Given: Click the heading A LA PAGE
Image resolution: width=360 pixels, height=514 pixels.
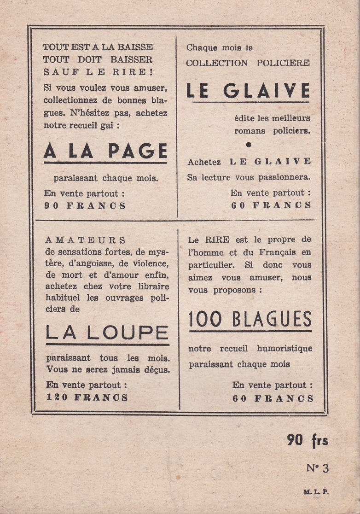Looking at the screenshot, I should (105, 151).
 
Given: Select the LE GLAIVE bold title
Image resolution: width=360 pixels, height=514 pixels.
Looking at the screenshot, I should (248, 91).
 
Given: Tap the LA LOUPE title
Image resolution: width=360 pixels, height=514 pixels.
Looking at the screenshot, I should (107, 333).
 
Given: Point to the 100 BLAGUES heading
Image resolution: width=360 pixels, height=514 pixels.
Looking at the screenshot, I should (250, 319).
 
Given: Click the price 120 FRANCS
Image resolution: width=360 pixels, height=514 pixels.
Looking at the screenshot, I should (87, 397).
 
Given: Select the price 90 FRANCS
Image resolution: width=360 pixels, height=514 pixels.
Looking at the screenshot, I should (85, 206).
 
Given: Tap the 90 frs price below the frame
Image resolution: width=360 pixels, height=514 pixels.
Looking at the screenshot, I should (308, 440).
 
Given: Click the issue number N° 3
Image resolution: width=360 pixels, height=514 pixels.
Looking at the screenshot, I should (318, 468).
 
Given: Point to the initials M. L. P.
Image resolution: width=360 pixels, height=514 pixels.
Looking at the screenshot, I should (316, 492).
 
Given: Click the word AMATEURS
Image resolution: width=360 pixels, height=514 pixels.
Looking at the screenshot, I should (86, 240).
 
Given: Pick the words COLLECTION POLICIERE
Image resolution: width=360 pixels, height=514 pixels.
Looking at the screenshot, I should (248, 63).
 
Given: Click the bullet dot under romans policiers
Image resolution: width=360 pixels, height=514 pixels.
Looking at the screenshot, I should (249, 145).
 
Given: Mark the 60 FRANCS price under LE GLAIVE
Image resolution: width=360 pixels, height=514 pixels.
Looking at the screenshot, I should (271, 205).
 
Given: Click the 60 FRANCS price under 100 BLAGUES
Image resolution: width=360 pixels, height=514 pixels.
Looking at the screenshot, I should (273, 398).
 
